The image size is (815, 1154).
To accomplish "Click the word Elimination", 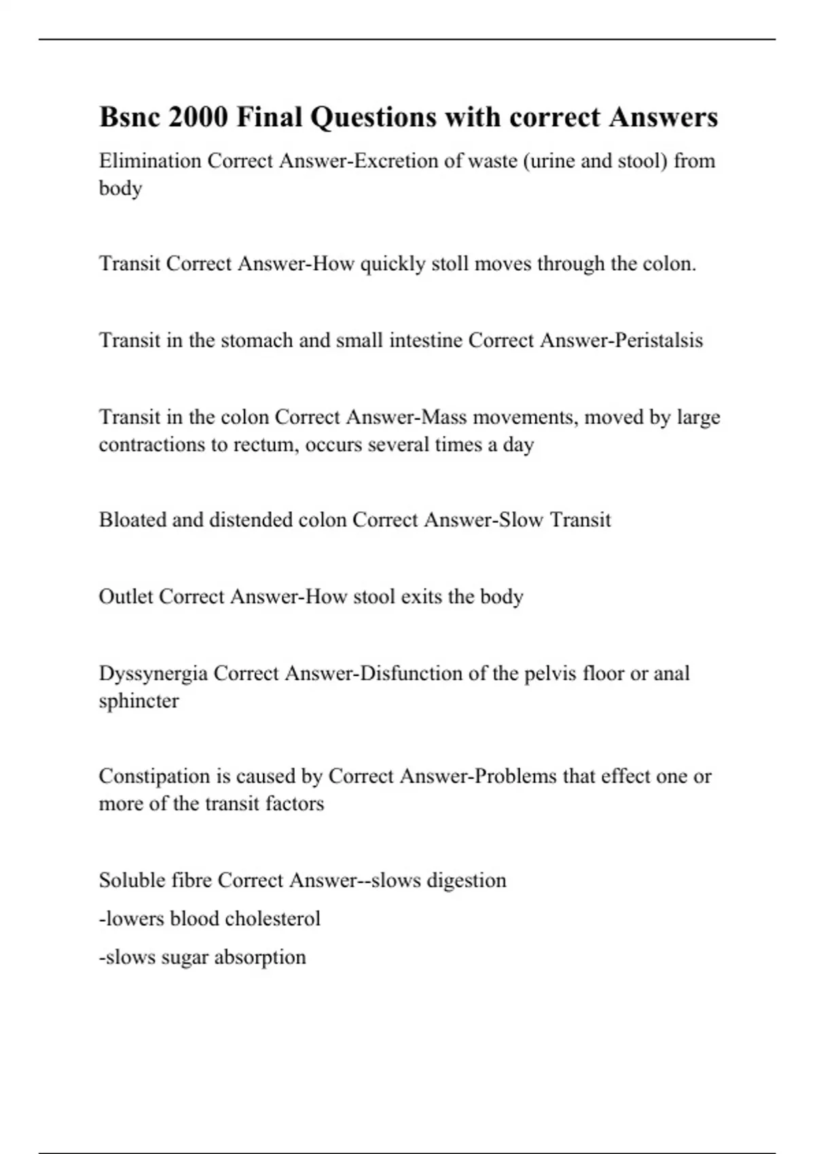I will click(x=150, y=161).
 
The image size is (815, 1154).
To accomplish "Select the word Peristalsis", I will click(x=659, y=340).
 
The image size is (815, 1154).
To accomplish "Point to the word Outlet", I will click(x=126, y=597).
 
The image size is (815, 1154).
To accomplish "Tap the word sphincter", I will click(x=139, y=701).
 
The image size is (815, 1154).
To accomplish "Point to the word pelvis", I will click(x=551, y=674).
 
